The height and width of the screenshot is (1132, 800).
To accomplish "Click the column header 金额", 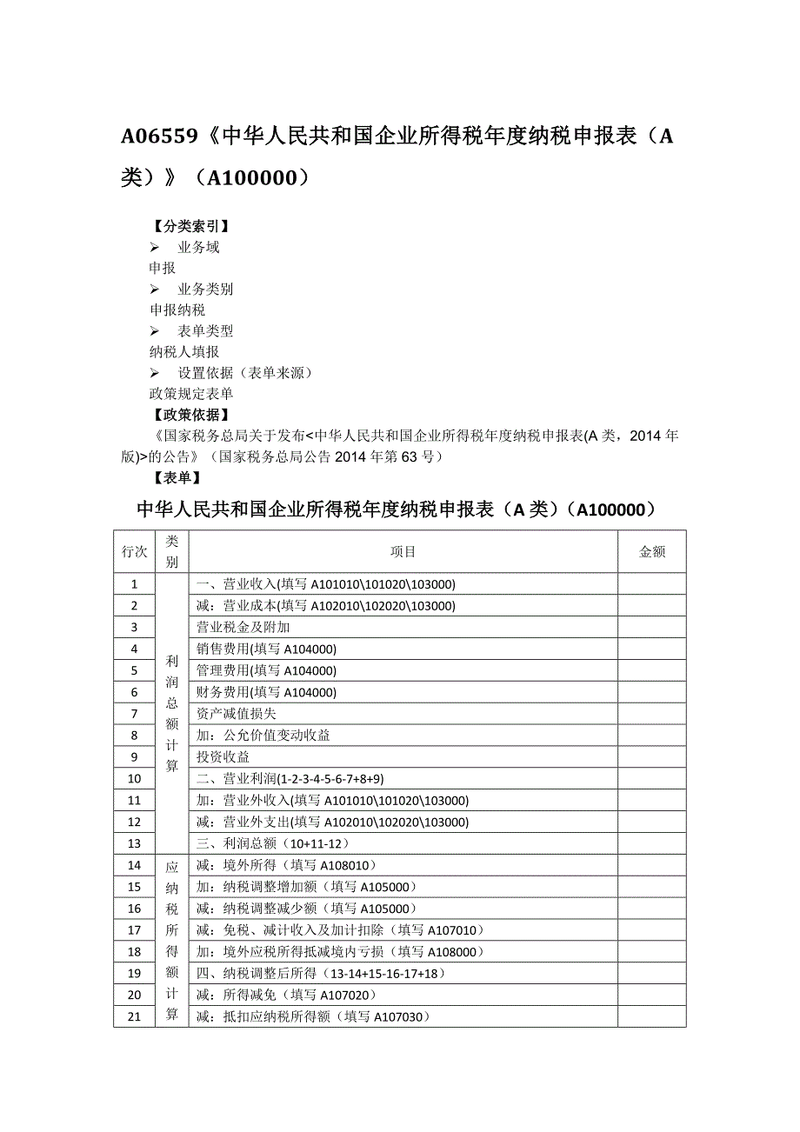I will pyautogui.click(x=651, y=552).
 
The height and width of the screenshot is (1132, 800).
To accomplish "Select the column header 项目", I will pyautogui.click(x=403, y=552).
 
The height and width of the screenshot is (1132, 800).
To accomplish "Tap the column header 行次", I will pyautogui.click(x=134, y=552).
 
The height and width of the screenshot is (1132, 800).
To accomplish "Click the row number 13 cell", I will pyautogui.click(x=134, y=843).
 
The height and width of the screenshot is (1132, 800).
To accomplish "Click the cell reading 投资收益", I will pyautogui.click(x=223, y=756).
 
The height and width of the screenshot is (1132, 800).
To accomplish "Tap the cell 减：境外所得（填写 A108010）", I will pyautogui.click(x=286, y=865).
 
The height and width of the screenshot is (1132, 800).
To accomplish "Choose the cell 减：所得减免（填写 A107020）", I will pyautogui.click(x=286, y=995).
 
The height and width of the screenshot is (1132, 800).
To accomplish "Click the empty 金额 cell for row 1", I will pyautogui.click(x=651, y=584).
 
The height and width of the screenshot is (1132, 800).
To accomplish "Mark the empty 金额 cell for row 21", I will pyautogui.click(x=651, y=1016).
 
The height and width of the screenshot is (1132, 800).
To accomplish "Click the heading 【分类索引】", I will pyautogui.click(x=191, y=226).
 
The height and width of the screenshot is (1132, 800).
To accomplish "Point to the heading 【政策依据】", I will pyautogui.click(x=191, y=415).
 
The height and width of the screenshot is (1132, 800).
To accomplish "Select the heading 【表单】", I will pyautogui.click(x=177, y=477).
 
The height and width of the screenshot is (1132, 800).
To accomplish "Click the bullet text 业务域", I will pyautogui.click(x=198, y=248).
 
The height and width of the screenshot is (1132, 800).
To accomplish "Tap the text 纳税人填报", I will pyautogui.click(x=184, y=352).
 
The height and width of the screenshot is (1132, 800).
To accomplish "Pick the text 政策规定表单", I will pyautogui.click(x=191, y=394).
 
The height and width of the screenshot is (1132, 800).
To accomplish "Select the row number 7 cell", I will pyautogui.click(x=134, y=714).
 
